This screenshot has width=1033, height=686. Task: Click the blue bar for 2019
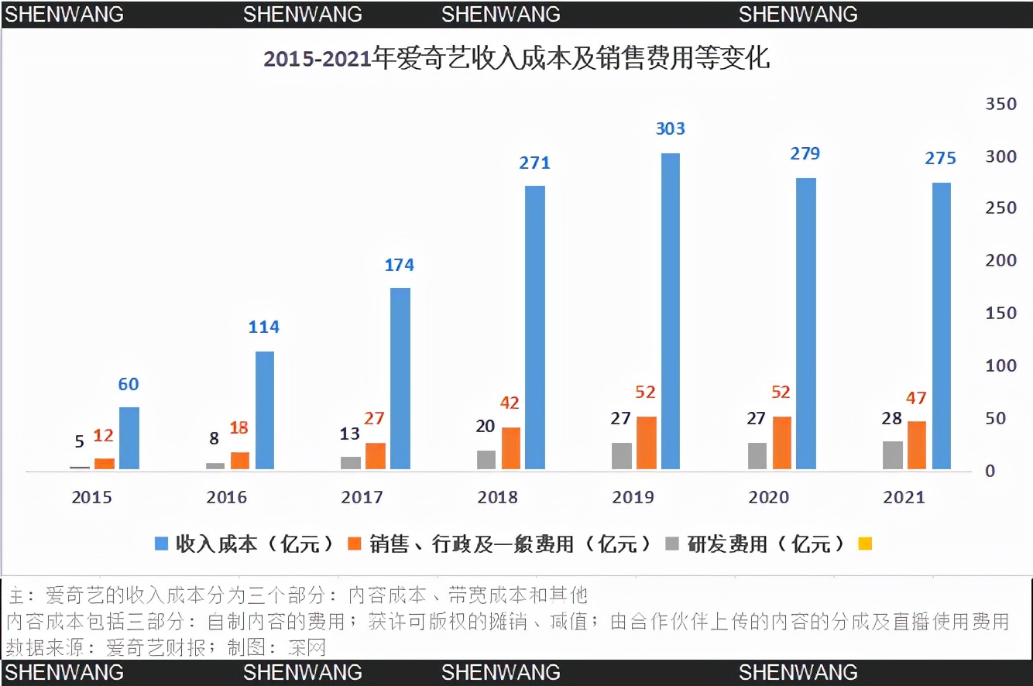tap(671, 310)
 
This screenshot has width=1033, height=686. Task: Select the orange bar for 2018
tap(511, 448)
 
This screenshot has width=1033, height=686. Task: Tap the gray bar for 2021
tap(893, 454)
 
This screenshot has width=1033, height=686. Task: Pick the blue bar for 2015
tap(129, 437)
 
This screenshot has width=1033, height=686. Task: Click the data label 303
tap(671, 129)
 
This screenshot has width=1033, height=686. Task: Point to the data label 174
tap(400, 265)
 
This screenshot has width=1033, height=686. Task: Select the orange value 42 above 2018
tap(510, 403)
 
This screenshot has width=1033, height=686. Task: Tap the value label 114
tap(263, 327)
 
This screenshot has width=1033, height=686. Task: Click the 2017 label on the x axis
tap(362, 497)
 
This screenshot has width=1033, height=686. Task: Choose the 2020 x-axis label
tap(768, 497)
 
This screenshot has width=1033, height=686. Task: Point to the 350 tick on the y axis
tap(1000, 104)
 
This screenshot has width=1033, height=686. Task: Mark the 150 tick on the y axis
tap(1000, 313)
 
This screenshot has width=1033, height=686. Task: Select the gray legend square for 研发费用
tap(673, 544)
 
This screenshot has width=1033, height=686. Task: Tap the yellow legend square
tap(865, 544)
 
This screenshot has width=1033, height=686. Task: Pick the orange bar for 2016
tap(240, 460)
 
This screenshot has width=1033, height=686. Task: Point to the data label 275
tap(941, 158)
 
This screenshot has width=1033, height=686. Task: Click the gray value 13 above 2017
tap(350, 434)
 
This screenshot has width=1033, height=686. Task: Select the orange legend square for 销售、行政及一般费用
tap(355, 544)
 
